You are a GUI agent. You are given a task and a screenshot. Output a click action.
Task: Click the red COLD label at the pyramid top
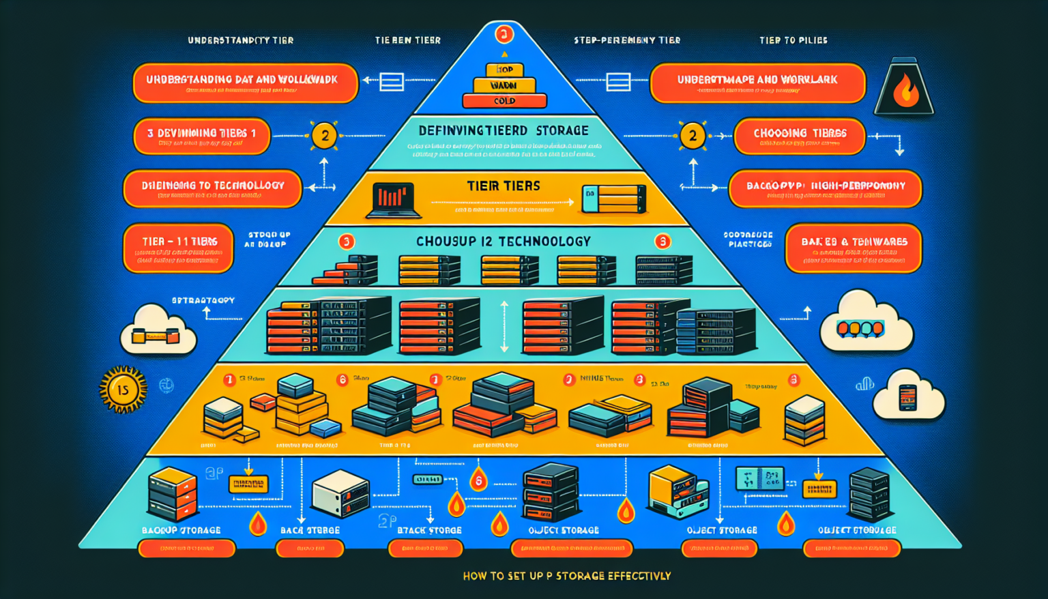[x=504, y=101]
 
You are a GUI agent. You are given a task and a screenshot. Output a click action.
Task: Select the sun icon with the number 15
[x=123, y=390]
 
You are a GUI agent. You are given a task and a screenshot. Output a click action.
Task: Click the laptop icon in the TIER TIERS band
[x=392, y=200]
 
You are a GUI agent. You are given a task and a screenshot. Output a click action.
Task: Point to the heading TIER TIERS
[x=503, y=186]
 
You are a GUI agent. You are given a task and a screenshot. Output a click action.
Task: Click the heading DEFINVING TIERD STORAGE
[x=503, y=130]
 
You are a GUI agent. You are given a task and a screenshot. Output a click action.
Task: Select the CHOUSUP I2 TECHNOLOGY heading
[x=503, y=242]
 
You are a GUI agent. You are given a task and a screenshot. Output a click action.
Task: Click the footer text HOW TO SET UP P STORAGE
[x=566, y=576]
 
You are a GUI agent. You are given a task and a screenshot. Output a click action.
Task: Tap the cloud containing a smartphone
[x=908, y=396]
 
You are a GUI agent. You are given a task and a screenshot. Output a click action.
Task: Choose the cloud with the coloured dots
[x=864, y=323]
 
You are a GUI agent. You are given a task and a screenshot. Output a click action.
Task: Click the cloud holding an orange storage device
[x=156, y=332]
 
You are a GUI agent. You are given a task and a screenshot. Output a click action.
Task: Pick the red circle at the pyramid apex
[x=504, y=34]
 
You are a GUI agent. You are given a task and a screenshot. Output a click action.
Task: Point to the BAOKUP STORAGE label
[x=181, y=530]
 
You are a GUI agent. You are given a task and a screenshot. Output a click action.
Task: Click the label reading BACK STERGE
[x=310, y=530]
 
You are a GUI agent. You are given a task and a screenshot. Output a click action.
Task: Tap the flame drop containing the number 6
[x=478, y=480]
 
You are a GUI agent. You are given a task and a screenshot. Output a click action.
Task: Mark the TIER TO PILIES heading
[x=793, y=40]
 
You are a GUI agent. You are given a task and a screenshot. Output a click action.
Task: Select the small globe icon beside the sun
[x=166, y=385]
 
